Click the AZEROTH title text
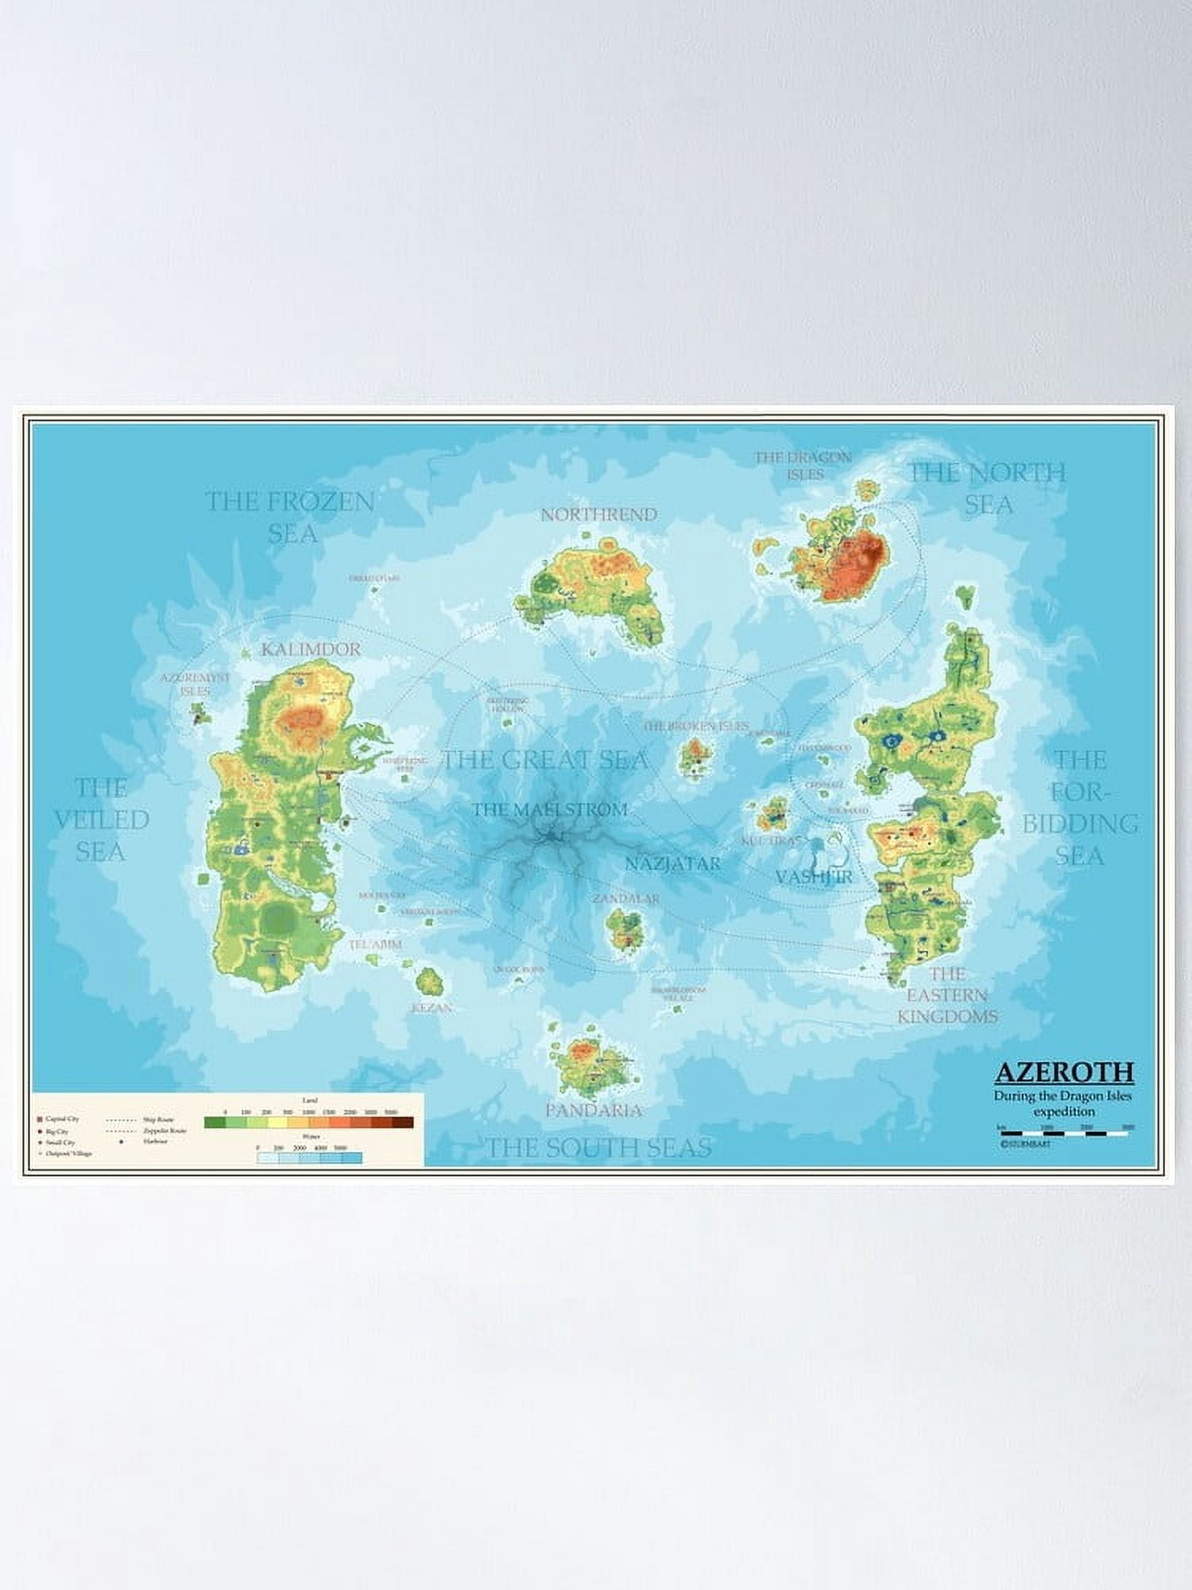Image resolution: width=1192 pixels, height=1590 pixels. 1064,1072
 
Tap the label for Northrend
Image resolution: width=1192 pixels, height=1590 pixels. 599,514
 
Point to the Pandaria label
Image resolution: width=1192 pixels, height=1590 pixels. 594,1110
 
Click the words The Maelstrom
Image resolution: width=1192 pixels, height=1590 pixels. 550,809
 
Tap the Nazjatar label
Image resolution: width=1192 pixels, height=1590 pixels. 672,863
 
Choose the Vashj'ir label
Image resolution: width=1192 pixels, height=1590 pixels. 814,876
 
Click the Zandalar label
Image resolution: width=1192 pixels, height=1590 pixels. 626,898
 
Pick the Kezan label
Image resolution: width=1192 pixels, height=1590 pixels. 432,1007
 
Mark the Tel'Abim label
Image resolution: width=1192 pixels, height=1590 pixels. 375,944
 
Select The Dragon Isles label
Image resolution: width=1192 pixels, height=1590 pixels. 803,465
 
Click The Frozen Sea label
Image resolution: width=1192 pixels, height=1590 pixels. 290,517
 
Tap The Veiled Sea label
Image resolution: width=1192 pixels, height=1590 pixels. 101,820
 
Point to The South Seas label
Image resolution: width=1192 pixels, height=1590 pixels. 598,1147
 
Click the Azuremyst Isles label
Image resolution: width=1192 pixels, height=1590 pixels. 195,684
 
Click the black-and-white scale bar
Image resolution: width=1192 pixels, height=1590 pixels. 1065,1133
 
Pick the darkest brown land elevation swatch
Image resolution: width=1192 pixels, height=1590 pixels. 402,1123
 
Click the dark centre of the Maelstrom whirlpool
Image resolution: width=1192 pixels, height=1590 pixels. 550,836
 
